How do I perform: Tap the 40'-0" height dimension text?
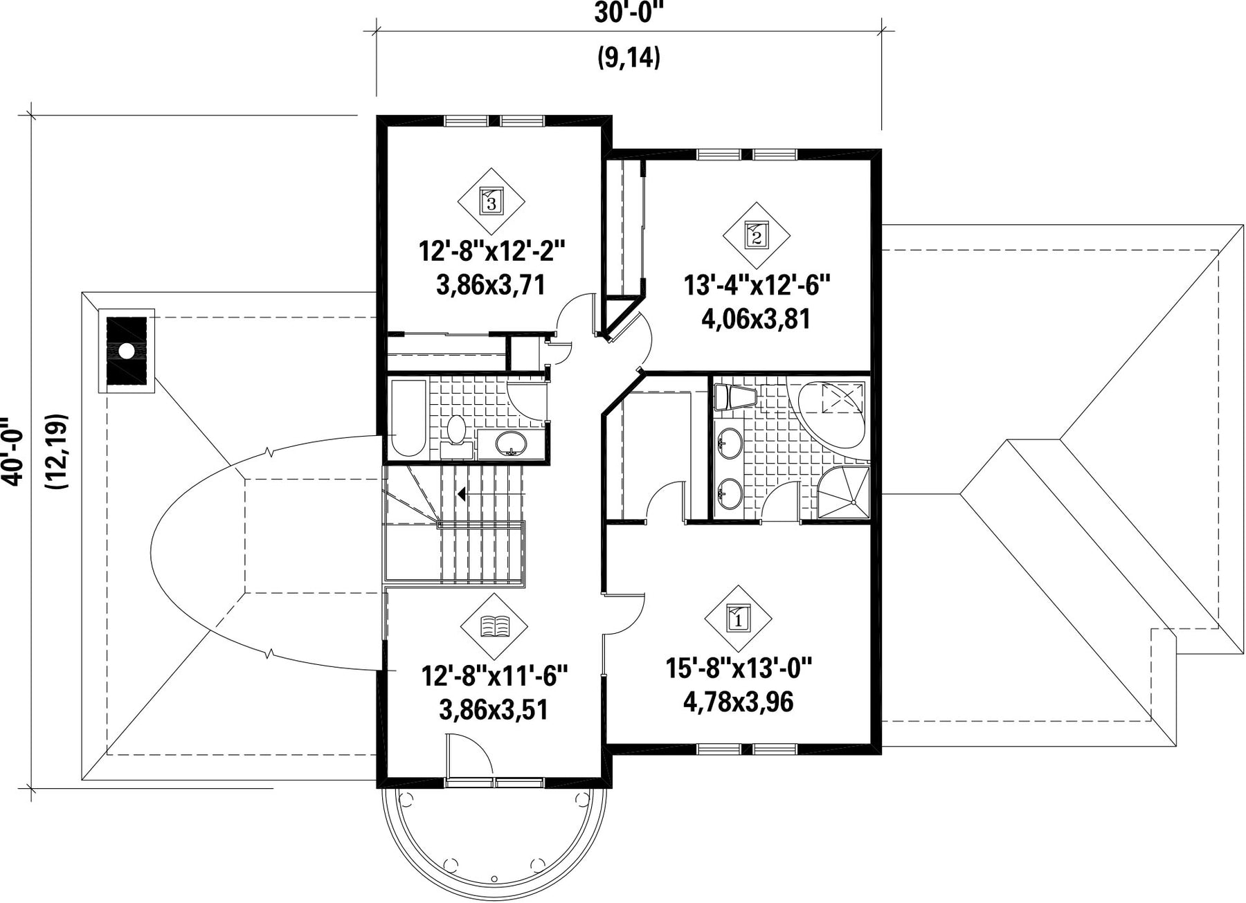pyautogui.click(x=15, y=452)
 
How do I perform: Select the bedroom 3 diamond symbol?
pyautogui.click(x=491, y=201)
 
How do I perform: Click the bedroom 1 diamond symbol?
pyautogui.click(x=738, y=617)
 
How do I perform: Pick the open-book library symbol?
pyautogui.click(x=494, y=626)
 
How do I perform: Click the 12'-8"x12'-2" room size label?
pyautogui.click(x=492, y=250)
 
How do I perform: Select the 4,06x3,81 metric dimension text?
pyautogui.click(x=756, y=320)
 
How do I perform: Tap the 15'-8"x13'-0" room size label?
pyautogui.click(x=739, y=668)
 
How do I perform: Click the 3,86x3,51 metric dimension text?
pyautogui.click(x=494, y=709)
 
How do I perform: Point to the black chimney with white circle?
pyautogui.click(x=126, y=351)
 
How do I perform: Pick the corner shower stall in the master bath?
pyautogui.click(x=843, y=492)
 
